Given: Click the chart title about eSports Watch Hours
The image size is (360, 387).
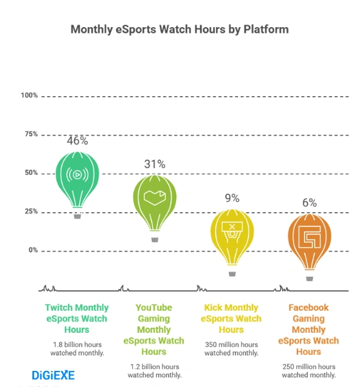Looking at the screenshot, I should click(x=179, y=30).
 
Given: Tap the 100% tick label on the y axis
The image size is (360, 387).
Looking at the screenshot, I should click(x=29, y=95).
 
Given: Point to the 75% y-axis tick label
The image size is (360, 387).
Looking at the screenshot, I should click(x=30, y=134).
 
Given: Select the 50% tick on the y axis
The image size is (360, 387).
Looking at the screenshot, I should click(x=30, y=173).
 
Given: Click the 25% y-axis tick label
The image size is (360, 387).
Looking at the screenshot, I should click(x=30, y=212).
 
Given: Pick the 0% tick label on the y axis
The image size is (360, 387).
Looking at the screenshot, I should click(x=32, y=250).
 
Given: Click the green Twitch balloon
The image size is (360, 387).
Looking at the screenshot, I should click(x=77, y=181).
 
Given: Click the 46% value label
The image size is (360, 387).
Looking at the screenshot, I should click(x=77, y=141).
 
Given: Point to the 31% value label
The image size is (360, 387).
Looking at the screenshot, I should click(x=154, y=164).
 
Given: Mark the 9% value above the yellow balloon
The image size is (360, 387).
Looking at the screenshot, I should click(x=232, y=198).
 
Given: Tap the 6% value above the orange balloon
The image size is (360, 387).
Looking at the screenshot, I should click(x=309, y=203).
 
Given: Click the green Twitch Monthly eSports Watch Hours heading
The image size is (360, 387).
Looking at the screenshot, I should click(x=77, y=319).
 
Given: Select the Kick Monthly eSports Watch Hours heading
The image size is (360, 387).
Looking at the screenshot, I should click(x=232, y=319).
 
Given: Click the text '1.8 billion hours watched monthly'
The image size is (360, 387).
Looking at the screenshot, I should click(x=77, y=349).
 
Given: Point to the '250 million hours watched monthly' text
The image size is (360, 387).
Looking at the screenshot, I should click(x=309, y=371).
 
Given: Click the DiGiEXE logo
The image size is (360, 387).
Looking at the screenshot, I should click(x=53, y=375).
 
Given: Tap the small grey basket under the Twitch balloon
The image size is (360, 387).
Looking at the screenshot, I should click(x=77, y=216).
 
